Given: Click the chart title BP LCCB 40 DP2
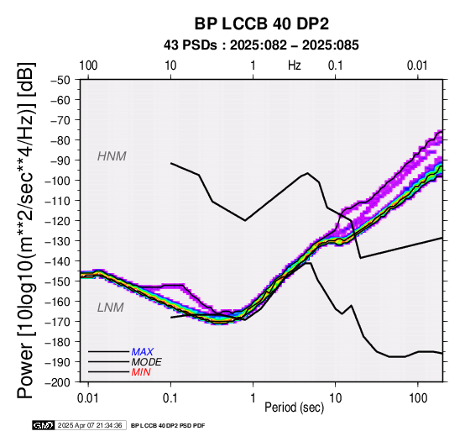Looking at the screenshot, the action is [x=262, y=24].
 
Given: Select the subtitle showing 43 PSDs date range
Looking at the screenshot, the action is [x=261, y=45].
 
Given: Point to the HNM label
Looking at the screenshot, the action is [x=112, y=156].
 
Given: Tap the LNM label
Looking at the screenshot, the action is [x=110, y=308].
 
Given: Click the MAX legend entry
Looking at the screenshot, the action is [x=143, y=352].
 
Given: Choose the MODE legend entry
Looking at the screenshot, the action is [x=147, y=362].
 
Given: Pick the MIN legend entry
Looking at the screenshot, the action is [x=141, y=372].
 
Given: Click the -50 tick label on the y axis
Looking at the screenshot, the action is [x=60, y=80].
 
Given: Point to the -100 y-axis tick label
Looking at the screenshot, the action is [x=58, y=181].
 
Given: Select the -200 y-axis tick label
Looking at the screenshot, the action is [x=58, y=382].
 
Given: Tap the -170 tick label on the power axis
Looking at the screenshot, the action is [x=58, y=322].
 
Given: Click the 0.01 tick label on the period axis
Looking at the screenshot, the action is [x=88, y=398].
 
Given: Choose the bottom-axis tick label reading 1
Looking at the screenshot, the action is [x=253, y=398].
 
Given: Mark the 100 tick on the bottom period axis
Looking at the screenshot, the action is [x=417, y=398].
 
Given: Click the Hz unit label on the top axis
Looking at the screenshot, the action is [x=295, y=66].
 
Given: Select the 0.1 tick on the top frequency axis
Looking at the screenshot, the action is [x=336, y=66].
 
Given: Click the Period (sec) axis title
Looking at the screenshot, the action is [x=294, y=408].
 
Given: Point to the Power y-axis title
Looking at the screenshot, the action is [x=26, y=231].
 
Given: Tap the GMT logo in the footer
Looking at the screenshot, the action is [x=44, y=426].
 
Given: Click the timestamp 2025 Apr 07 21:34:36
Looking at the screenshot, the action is [x=90, y=426].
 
